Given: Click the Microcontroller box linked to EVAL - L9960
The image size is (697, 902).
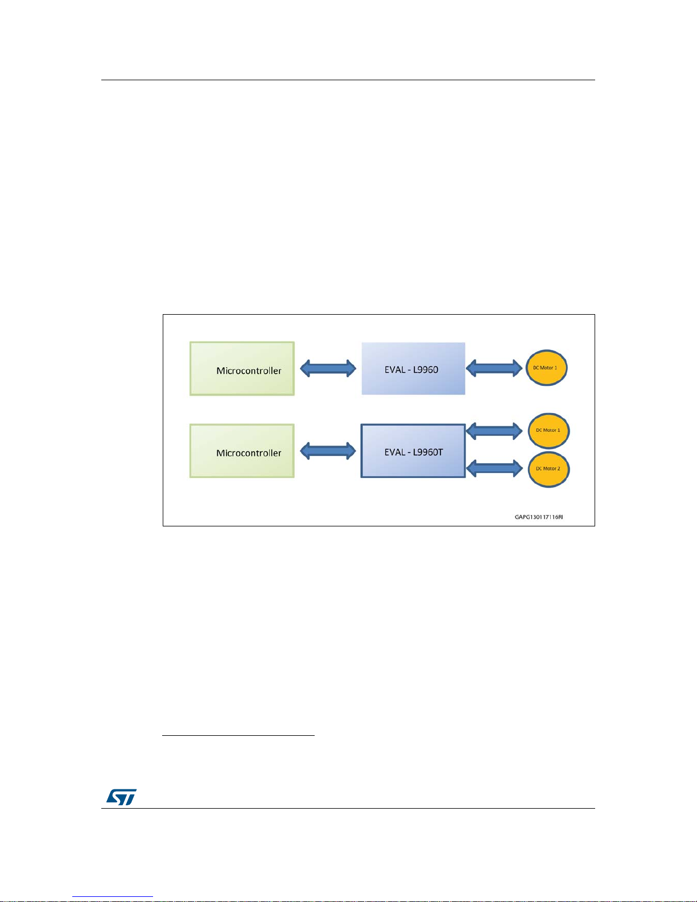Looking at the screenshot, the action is coord(242,369).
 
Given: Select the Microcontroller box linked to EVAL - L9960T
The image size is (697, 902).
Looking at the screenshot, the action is coord(242,451).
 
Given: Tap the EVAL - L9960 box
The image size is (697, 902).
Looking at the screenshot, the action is coord(413,369).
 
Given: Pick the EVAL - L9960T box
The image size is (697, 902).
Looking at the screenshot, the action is coord(413,451).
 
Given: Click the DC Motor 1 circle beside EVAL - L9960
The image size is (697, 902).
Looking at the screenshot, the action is coord(546,368).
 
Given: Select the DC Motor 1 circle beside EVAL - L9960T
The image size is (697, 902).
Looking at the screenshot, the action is coord(548,431).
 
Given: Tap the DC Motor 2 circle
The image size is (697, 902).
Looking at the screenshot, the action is coord(548,469).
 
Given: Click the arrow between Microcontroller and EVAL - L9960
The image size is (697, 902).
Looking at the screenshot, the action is coord(328,368).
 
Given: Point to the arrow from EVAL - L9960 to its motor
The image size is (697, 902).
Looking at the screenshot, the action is coord(494,368).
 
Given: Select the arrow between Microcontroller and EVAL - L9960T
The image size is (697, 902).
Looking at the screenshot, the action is coord(328,451).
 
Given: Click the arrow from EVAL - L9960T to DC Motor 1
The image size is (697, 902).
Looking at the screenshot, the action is coord(494,431).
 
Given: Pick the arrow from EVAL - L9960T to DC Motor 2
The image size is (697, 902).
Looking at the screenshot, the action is coord(494,468).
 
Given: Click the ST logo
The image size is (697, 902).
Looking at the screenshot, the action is coord(122,797).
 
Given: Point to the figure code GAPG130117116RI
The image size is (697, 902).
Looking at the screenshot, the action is coord(538,517).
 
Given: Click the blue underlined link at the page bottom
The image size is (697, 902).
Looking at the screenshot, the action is coord(113,897).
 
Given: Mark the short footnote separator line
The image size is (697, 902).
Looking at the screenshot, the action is coord(238,735).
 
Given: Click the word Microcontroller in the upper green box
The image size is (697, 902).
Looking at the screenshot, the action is coord(249,370).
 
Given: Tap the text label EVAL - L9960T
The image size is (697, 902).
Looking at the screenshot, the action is coord(414,452).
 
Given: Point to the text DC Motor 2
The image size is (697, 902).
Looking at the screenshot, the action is coord(548,468).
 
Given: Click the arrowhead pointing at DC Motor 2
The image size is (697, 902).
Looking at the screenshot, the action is coord(518,468).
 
